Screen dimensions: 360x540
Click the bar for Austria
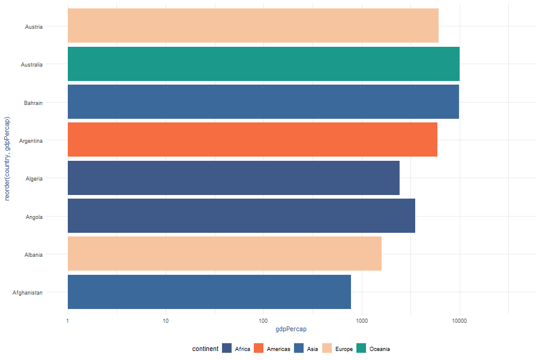pyautogui.click(x=253, y=26)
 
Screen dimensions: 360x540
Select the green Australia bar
pyautogui.click(x=263, y=64)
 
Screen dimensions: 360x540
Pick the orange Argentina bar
pyautogui.click(x=252, y=140)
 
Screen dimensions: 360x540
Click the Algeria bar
pyautogui.click(x=233, y=178)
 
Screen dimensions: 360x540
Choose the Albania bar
pyautogui.click(x=224, y=254)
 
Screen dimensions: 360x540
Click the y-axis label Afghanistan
pyautogui.click(x=28, y=292)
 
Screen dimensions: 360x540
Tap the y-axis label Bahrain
pyautogui.click(x=33, y=103)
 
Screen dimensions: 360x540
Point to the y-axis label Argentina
pyautogui.click(x=31, y=140)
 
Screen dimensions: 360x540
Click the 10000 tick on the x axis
pyautogui.click(x=459, y=321)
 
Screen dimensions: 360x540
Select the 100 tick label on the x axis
pyautogui.click(x=263, y=321)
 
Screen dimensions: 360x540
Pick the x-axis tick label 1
pyautogui.click(x=68, y=321)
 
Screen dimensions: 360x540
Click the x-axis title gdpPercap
pyautogui.click(x=291, y=330)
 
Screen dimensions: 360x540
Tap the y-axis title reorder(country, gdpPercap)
pyautogui.click(x=8, y=160)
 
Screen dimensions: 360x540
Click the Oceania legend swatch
pyautogui.click(x=362, y=349)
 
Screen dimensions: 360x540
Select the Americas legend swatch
pyautogui.click(x=259, y=349)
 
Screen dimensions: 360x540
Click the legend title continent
pyautogui.click(x=205, y=349)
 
